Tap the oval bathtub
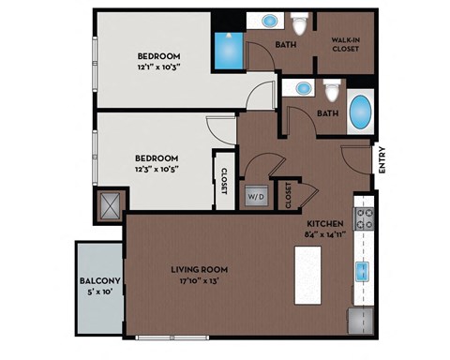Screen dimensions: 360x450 [359, 113]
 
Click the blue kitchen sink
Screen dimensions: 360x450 [362, 271]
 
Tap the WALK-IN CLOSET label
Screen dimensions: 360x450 [346, 44]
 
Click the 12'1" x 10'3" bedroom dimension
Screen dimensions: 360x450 [157, 67]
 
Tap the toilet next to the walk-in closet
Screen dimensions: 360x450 [299, 23]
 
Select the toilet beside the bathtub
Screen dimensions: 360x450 [330, 91]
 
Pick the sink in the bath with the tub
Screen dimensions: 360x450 [303, 88]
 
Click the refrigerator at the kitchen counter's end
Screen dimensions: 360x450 [361, 320]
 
